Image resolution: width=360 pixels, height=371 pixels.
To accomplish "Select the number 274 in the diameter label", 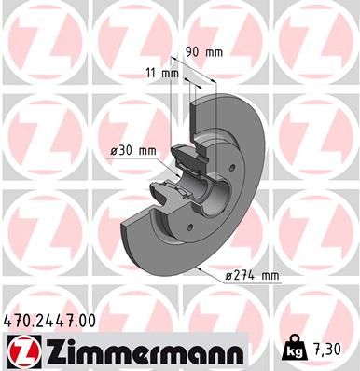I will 249,276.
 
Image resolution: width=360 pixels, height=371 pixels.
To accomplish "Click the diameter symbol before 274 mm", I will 228,276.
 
